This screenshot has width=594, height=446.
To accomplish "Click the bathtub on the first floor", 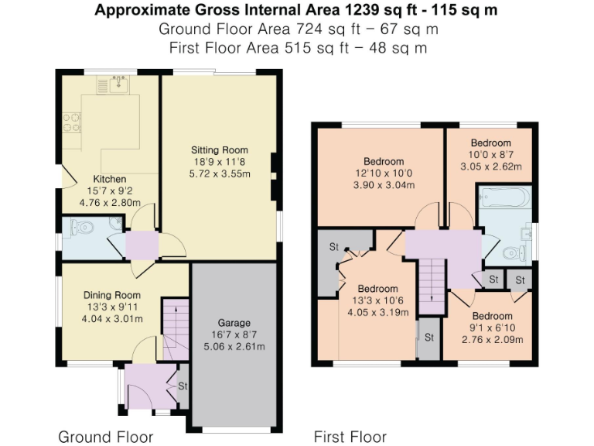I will [x=503, y=198].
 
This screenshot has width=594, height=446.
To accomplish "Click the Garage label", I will [x=234, y=323].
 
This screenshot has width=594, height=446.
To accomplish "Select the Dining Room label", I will [x=112, y=294].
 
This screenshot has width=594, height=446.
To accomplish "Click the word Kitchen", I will [x=109, y=179].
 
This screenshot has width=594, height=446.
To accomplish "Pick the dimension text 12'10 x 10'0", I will [x=384, y=173].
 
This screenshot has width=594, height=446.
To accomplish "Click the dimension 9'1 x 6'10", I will [x=492, y=328].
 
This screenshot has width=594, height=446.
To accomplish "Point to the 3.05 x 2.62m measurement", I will [x=491, y=166].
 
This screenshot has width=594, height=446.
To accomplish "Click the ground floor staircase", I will [x=175, y=325].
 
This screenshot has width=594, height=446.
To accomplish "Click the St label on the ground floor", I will [x=183, y=385].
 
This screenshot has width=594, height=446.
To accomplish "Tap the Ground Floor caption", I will [x=105, y=437].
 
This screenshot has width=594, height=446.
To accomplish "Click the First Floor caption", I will [x=350, y=437].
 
